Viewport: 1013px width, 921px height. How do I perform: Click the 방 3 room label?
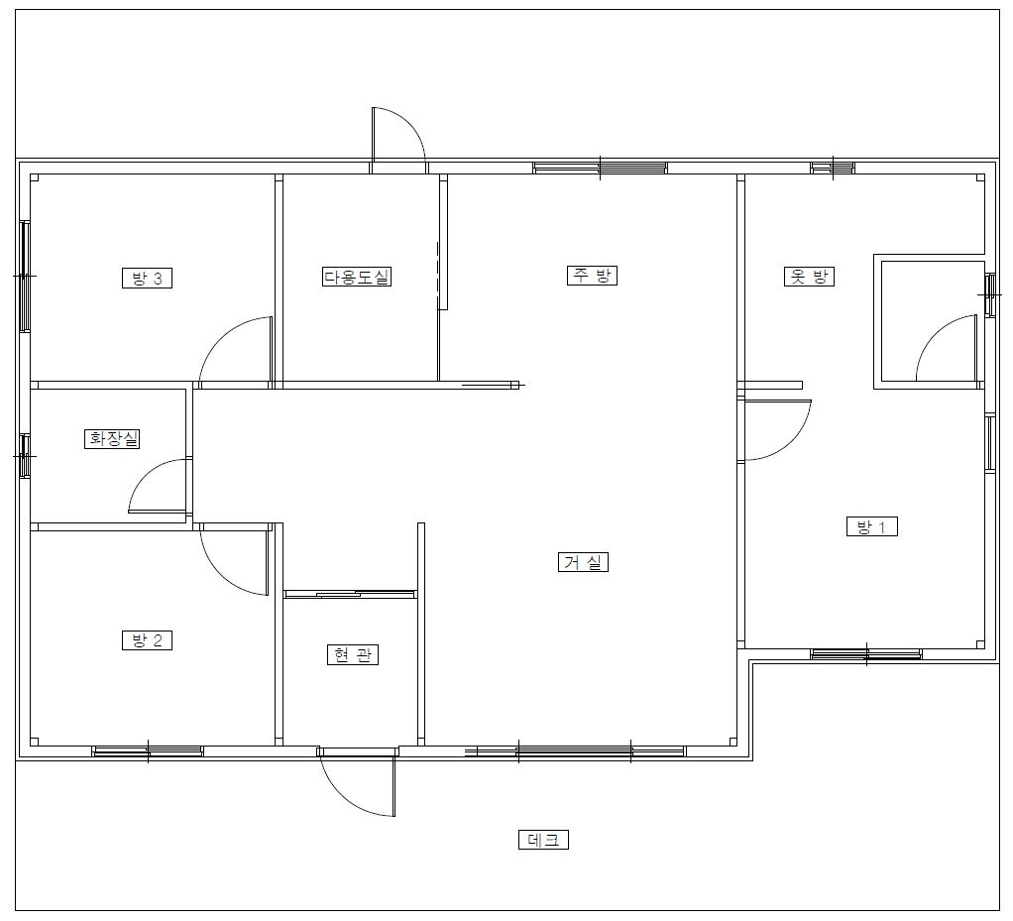148,278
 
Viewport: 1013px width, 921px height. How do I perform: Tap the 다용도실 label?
357,277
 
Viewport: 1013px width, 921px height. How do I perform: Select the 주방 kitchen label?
592,276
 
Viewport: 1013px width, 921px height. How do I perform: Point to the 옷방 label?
809,277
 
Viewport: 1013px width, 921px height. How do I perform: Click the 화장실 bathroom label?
112,439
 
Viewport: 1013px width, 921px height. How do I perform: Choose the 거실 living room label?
583,562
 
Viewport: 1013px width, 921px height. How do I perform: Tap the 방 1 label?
872,526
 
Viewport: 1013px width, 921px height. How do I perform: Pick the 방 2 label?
148,639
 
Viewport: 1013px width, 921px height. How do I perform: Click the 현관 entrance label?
352,654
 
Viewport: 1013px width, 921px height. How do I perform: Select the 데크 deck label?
543,840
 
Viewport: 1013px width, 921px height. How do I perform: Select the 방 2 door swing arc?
220,576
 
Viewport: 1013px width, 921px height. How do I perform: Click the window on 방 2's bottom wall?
148,751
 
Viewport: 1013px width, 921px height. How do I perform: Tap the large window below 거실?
575,751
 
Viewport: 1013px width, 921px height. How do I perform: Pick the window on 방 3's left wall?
25,276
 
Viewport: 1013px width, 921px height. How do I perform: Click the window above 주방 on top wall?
601,168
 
